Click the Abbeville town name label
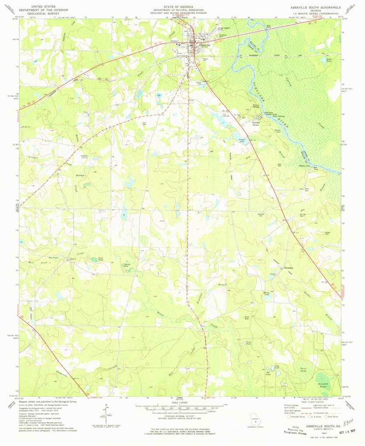(x=205, y=46)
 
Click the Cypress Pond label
(x=126, y=266)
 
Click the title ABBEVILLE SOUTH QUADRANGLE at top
(x=317, y=7)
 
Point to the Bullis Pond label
(x=329, y=60)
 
